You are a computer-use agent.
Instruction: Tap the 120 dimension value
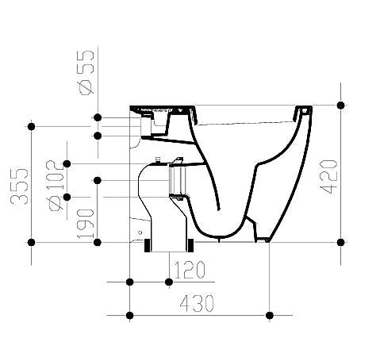click(x=190, y=270)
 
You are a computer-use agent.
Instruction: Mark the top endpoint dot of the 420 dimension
click(x=340, y=105)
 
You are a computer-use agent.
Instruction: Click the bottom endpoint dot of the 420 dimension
click(x=340, y=242)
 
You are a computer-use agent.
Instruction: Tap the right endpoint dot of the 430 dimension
click(x=270, y=316)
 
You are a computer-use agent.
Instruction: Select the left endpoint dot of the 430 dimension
click(x=129, y=316)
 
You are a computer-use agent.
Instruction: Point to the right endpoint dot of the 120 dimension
click(x=168, y=282)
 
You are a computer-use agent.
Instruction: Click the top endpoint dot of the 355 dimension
click(x=32, y=125)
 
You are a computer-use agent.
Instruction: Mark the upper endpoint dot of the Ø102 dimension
click(x=67, y=163)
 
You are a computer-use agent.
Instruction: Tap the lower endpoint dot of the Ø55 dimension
click(x=97, y=136)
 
